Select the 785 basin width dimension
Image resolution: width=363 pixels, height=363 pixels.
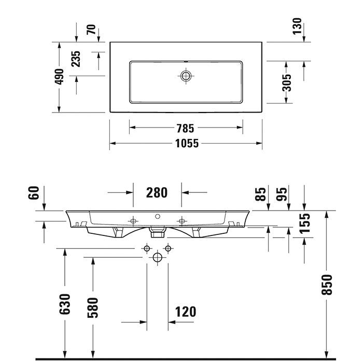[186, 127]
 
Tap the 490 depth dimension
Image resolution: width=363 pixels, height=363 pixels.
[60, 77]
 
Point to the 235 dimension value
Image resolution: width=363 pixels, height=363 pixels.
[76, 59]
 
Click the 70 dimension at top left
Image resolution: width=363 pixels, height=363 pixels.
[91, 30]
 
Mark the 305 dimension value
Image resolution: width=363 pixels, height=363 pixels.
[286, 82]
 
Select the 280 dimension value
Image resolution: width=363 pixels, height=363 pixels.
[157, 192]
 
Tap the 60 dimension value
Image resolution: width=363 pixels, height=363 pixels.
[34, 194]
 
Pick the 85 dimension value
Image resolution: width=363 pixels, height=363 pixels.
[261, 194]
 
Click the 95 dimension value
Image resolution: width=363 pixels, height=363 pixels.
[282, 194]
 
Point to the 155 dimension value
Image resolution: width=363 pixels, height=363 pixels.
[305, 222]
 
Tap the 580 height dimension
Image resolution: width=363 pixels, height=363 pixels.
[93, 306]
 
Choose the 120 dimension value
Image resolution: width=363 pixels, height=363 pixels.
[185, 312]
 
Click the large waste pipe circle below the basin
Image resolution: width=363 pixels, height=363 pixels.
[158, 257]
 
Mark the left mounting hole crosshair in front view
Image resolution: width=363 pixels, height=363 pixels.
[133, 221]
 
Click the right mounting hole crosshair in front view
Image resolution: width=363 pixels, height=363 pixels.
[181, 221]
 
